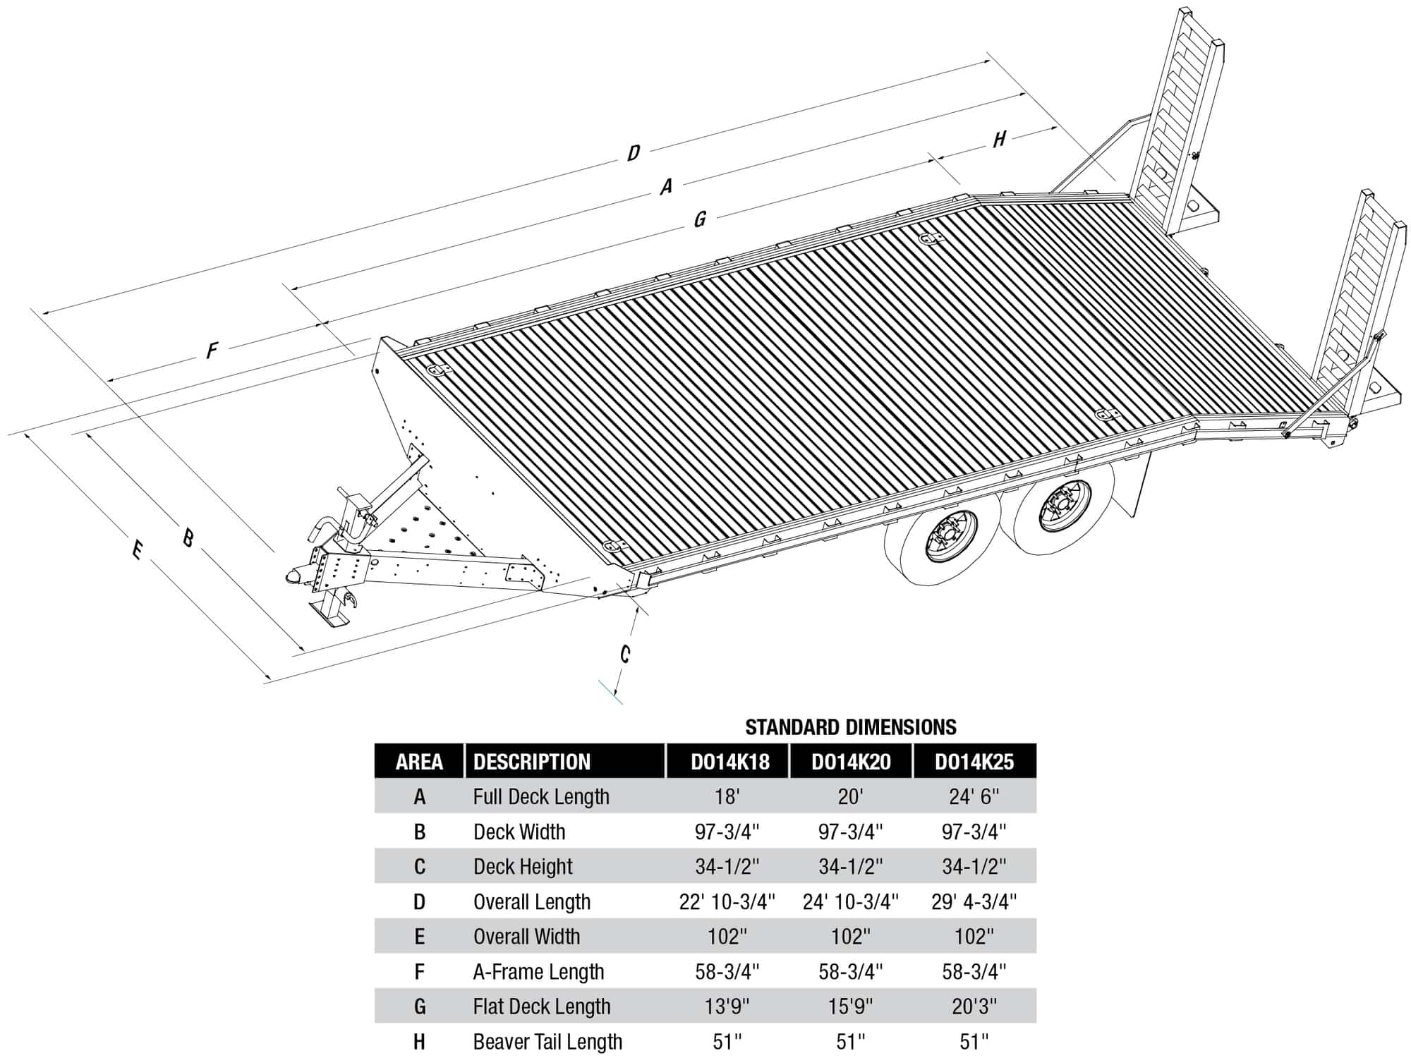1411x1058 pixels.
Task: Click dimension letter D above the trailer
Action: [x=634, y=153]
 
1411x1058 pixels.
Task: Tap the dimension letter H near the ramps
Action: [x=999, y=139]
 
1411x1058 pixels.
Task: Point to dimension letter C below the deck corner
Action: [x=625, y=655]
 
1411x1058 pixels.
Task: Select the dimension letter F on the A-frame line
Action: [x=212, y=351]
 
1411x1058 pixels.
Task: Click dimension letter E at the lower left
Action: [x=138, y=549]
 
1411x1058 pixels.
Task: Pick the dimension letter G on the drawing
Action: [x=699, y=219]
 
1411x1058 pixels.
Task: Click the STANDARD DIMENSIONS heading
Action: [x=850, y=727]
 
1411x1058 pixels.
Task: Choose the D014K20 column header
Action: [x=850, y=762]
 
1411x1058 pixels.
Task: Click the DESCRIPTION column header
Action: [x=532, y=762]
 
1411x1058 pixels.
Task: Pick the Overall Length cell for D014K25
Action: [x=974, y=901]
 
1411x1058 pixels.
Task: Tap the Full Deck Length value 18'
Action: [x=727, y=797]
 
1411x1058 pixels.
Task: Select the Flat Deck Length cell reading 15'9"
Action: [x=850, y=1007]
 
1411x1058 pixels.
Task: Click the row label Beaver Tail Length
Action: [x=547, y=1042]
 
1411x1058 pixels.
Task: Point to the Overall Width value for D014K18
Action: [x=727, y=937]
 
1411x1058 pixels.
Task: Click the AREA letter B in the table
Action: [x=419, y=832]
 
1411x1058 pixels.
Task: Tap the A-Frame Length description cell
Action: [x=538, y=972]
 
